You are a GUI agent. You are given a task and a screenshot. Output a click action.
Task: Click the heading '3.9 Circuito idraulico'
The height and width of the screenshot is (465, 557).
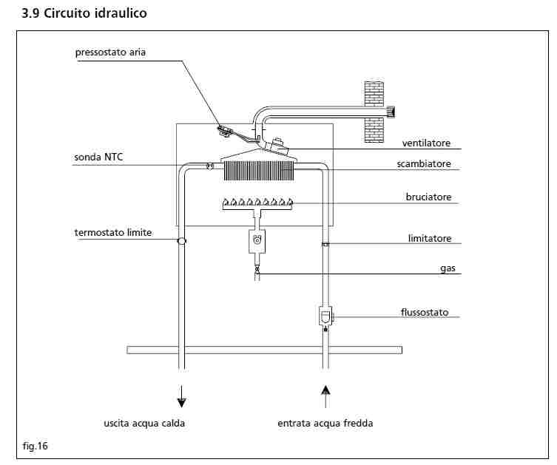click(84, 13)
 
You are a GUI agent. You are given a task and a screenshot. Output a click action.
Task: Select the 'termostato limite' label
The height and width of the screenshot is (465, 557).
click(112, 233)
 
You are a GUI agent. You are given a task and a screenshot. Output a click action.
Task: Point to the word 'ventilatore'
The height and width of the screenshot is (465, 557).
click(426, 143)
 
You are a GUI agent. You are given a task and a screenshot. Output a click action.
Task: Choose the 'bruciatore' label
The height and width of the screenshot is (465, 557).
click(428, 197)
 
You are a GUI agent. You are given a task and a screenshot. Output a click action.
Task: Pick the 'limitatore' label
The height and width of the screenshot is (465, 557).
click(430, 239)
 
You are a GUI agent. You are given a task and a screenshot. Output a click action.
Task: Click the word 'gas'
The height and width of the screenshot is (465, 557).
click(448, 269)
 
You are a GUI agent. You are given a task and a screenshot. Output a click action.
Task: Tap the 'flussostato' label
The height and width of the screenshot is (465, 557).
click(425, 312)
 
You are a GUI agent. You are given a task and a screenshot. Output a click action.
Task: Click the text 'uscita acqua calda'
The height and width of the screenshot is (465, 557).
click(144, 424)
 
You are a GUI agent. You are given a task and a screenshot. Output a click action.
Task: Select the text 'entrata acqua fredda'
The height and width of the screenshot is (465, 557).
click(325, 424)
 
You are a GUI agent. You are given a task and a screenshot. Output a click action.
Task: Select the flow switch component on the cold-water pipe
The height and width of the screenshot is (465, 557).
click(325, 316)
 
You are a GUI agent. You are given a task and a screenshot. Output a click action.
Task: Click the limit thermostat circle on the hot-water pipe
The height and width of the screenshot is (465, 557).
click(181, 241)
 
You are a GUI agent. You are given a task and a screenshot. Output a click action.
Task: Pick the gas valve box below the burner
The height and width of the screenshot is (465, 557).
click(257, 240)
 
